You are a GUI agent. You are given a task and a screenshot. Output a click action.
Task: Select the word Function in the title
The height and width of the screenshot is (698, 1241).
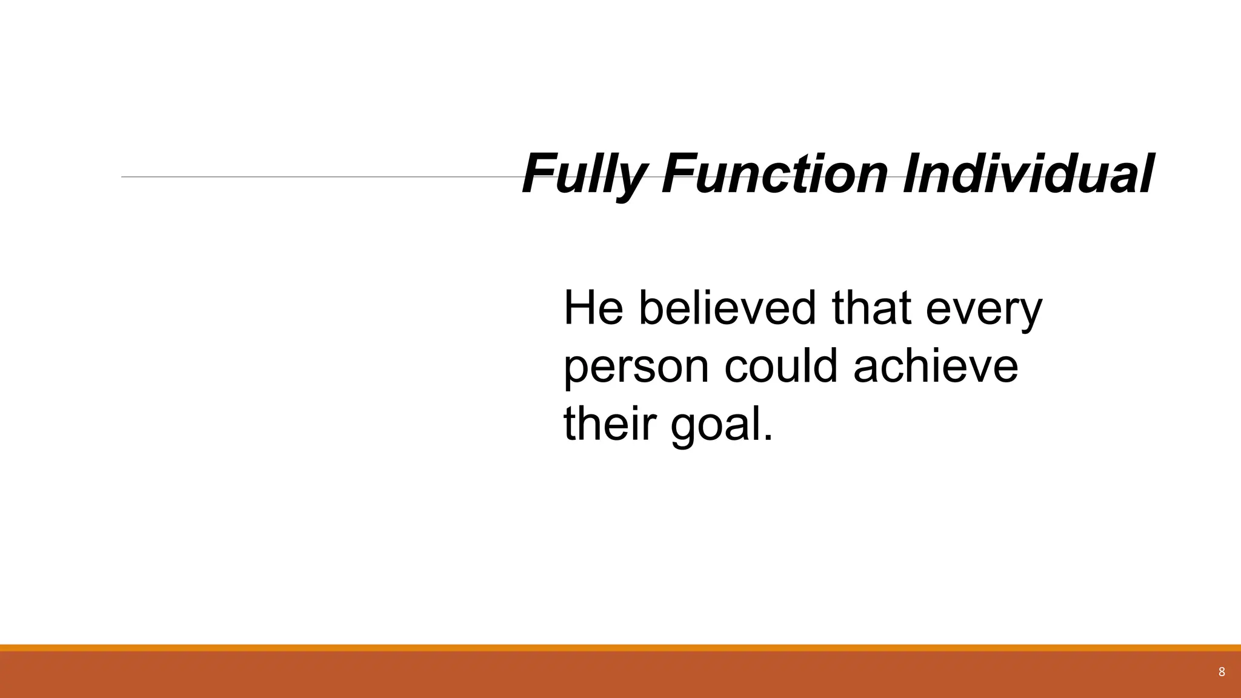tap(776, 174)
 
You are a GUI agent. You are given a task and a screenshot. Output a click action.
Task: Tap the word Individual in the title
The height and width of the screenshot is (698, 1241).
tap(1028, 174)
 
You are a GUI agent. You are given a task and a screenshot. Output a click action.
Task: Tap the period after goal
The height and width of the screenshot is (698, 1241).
tap(768, 439)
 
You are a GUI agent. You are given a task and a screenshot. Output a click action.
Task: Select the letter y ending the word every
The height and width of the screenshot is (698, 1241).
tap(1031, 315)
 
